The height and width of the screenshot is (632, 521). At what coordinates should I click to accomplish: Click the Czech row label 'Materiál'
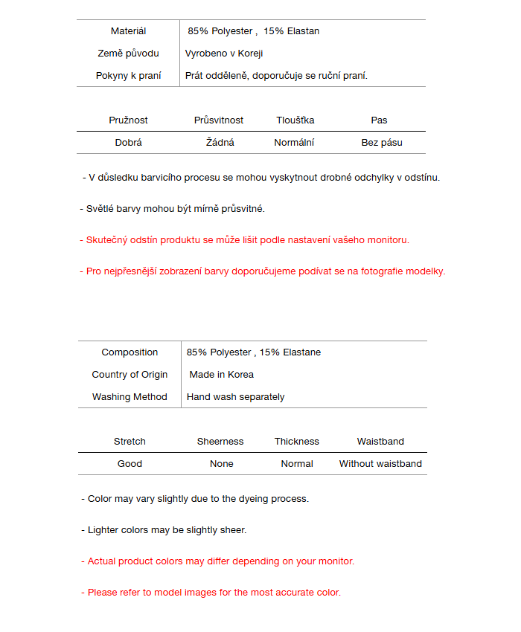click(x=128, y=31)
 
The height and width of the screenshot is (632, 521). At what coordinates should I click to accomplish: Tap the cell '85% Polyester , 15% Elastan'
click(x=253, y=31)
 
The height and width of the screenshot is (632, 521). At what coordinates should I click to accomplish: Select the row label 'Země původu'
click(x=128, y=54)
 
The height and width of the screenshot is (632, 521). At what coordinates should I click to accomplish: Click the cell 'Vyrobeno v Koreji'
click(x=224, y=54)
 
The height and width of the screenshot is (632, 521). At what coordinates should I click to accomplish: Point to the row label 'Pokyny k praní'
click(x=128, y=76)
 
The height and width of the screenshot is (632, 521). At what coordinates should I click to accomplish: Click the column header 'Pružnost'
click(x=128, y=120)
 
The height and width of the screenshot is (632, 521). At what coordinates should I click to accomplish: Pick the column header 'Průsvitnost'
click(x=219, y=120)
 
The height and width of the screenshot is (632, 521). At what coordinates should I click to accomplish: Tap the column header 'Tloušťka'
click(x=295, y=120)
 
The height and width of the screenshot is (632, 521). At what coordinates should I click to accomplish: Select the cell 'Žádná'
click(x=220, y=143)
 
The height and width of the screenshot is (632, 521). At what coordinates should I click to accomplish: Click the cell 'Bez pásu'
click(x=381, y=143)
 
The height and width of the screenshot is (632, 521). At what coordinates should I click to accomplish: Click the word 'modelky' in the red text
click(x=426, y=271)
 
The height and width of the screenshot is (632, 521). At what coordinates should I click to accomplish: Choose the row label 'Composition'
click(x=130, y=352)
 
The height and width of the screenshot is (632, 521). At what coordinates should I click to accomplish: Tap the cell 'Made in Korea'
click(x=221, y=375)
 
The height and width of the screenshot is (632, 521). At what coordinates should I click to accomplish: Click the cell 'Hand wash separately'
click(x=235, y=397)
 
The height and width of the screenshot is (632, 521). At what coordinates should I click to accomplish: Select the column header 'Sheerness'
click(x=220, y=442)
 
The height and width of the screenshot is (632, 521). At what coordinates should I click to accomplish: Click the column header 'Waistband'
click(x=380, y=442)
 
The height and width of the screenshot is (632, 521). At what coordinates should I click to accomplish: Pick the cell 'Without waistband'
click(x=380, y=464)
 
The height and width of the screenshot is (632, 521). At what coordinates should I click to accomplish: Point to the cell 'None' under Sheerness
click(x=221, y=464)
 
